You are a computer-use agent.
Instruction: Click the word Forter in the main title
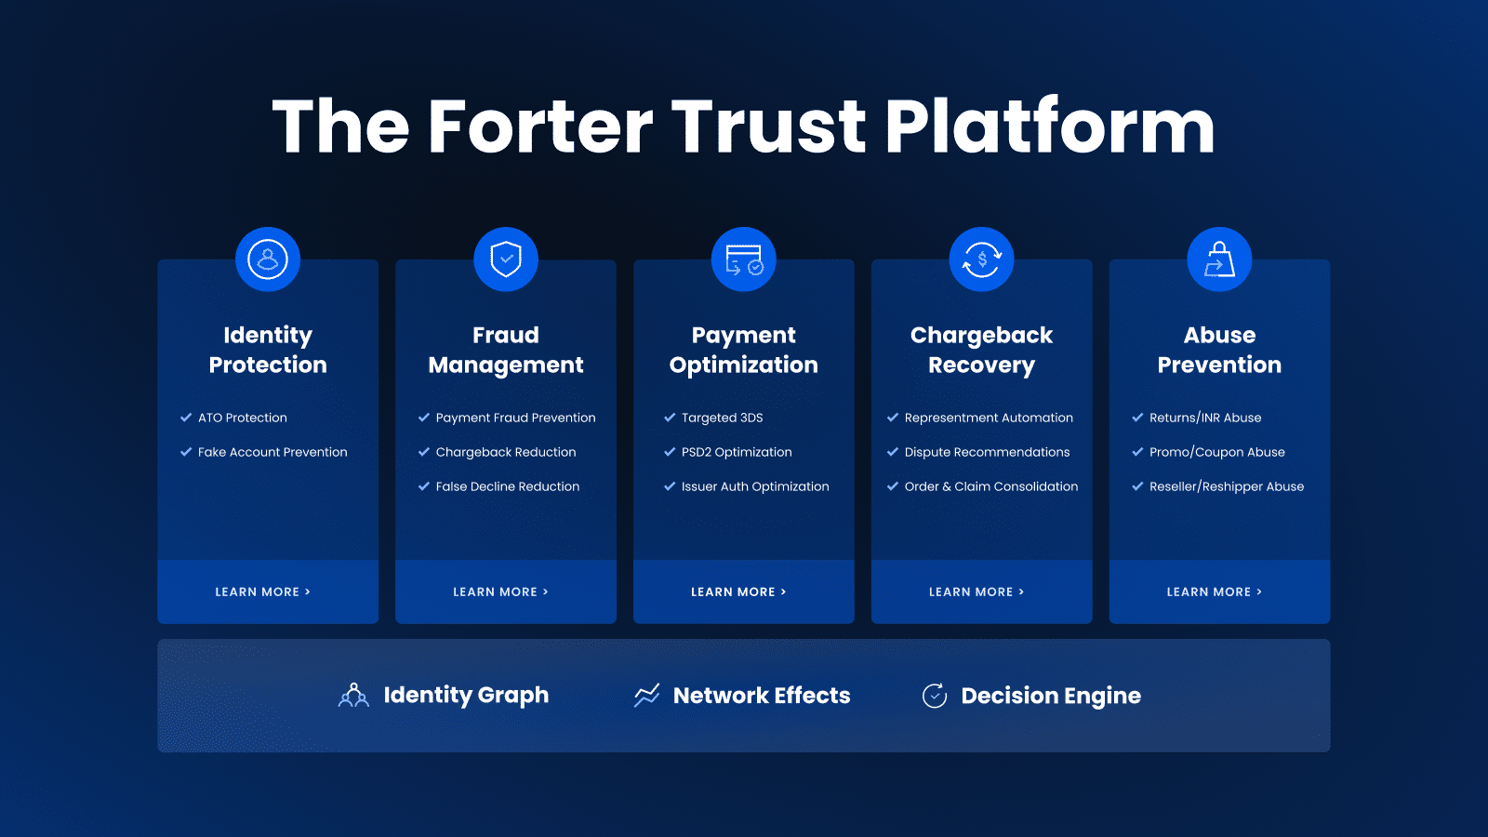coord(540,126)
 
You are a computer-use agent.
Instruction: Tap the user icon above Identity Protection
coord(268,259)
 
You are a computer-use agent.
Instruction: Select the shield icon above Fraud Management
coord(506,259)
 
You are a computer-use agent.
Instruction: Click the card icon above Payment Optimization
coord(743,259)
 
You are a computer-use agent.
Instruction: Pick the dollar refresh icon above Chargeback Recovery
coord(981,259)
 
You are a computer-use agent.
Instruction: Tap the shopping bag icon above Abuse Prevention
coord(1219,259)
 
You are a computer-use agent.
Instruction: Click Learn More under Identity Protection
coord(262,591)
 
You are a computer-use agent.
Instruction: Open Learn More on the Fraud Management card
coord(500,591)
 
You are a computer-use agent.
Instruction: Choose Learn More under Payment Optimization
coord(738,591)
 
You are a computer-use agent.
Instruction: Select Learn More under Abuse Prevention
coord(1214,591)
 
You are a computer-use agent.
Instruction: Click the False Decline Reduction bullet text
coord(508,487)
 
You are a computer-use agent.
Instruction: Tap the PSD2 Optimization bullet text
coord(737,452)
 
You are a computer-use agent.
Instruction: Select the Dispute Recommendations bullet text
coord(987,452)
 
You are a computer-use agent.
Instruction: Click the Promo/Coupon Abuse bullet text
coord(1217,452)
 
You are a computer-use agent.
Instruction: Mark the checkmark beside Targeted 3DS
coord(670,418)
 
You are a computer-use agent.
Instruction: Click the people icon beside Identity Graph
coord(353,696)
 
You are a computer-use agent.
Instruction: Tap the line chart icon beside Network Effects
coord(646,696)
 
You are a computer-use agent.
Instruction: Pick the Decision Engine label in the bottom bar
coord(1051,696)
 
